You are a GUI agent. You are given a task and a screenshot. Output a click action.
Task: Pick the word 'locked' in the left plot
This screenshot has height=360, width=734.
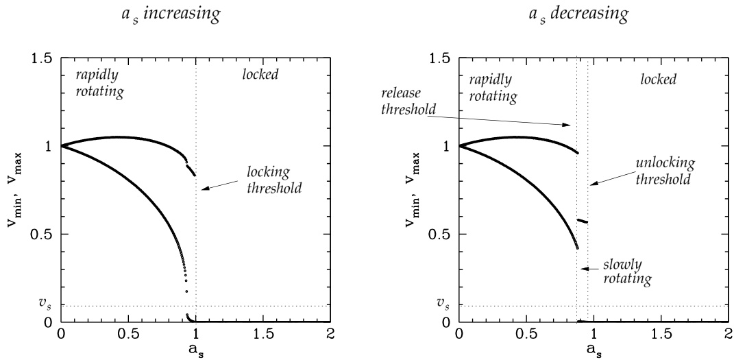pyautogui.click(x=262, y=73)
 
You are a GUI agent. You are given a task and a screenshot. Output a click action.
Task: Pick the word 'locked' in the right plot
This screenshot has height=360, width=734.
pyautogui.click(x=659, y=80)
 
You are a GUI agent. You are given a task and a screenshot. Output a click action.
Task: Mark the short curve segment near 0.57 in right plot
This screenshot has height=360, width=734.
pyautogui.click(x=583, y=221)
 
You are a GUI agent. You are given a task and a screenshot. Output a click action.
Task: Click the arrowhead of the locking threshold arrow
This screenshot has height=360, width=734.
pyautogui.click(x=202, y=189)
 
